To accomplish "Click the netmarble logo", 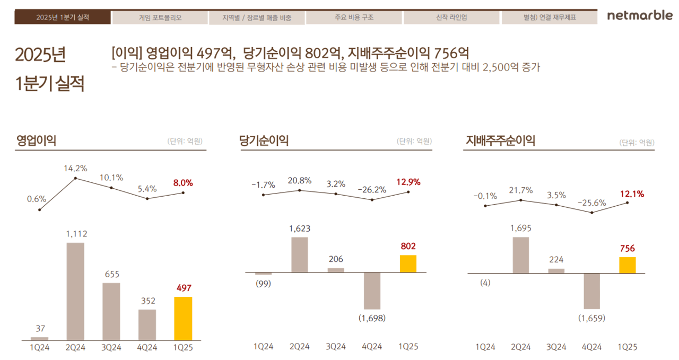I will tap(639, 16).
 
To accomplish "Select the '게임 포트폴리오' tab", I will tap(160, 17).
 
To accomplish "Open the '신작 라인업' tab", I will tap(451, 17).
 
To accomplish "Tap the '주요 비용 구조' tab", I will tap(354, 17).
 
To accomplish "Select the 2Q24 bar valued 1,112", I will tap(75, 291).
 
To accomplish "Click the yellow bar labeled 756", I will tap(627, 265).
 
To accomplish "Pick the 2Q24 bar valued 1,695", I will tap(520, 255).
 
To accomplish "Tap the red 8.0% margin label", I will tap(183, 183).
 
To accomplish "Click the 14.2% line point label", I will tap(75, 169).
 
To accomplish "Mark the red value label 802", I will tap(408, 246).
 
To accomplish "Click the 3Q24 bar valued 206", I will tap(336, 270).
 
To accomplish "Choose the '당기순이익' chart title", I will tap(264, 141).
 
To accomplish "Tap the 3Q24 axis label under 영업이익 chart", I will tap(111, 348).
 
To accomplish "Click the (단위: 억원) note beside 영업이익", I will tap(185, 142).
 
